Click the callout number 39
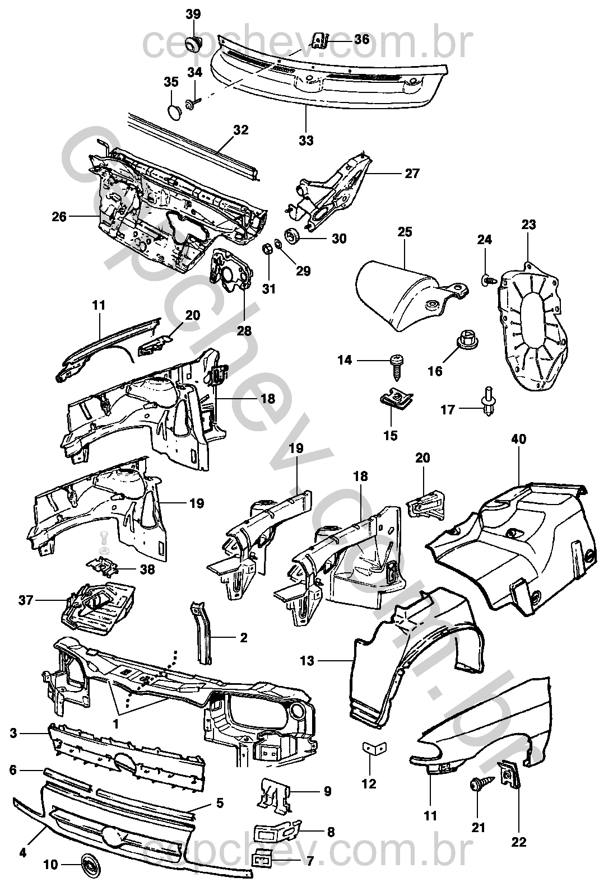click(x=193, y=15)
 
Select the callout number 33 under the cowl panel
click(x=306, y=140)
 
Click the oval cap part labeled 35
click(x=173, y=112)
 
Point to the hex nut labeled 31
click(x=268, y=250)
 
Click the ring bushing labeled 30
click(x=292, y=236)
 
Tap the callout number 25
click(x=405, y=232)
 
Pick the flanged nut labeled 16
click(x=463, y=339)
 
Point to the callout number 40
click(x=519, y=439)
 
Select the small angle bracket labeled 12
click(x=374, y=747)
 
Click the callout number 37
click(x=26, y=601)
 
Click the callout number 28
click(x=244, y=331)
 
